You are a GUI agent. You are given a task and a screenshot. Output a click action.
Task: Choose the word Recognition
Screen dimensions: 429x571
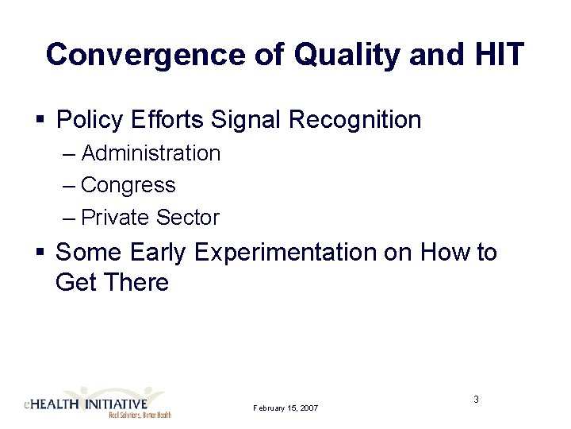355,121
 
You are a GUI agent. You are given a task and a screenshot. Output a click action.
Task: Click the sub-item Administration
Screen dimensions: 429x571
151,153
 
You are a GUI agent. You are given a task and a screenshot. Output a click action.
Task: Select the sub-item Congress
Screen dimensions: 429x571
128,185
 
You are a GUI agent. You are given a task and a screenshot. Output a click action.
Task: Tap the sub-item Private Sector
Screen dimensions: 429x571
150,217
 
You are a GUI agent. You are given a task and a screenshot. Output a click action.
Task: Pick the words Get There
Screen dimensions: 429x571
112,283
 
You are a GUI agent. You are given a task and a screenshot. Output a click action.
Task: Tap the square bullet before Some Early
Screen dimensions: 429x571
39,253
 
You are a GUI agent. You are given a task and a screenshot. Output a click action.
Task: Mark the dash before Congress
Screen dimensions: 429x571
68,185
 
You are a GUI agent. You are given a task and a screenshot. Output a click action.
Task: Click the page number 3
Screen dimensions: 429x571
476,399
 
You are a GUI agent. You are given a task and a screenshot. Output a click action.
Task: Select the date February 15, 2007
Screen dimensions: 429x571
285,408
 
